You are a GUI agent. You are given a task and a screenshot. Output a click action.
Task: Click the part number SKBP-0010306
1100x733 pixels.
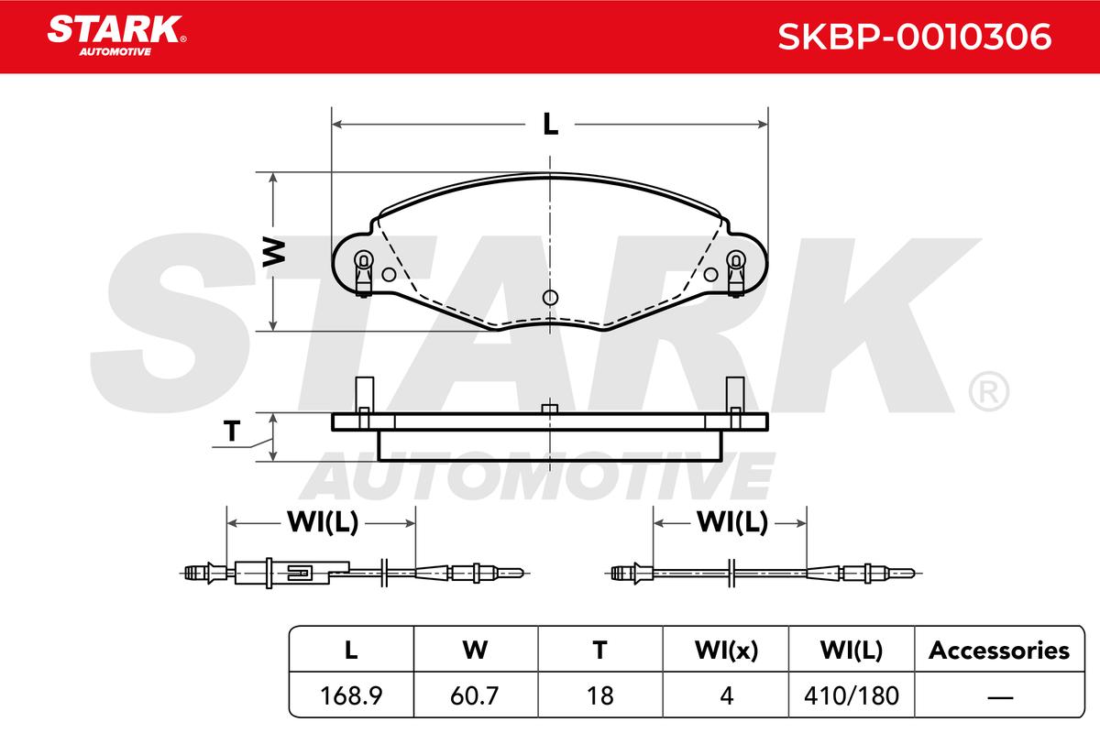coord(915,37)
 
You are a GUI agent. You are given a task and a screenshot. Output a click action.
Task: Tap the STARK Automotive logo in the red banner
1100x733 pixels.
coord(116,36)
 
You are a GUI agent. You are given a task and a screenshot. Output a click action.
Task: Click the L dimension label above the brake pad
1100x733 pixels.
coord(551,125)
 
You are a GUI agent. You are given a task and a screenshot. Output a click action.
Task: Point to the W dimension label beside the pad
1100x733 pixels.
coord(274,252)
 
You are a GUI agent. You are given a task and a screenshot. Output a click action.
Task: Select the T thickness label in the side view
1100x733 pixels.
coord(232,431)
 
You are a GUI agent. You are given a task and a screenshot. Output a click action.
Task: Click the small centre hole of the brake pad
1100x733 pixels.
coord(550,298)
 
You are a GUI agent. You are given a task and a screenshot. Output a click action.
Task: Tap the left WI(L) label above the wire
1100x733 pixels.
coord(323,522)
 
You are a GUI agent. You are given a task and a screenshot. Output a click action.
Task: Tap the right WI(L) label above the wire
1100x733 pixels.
coord(732,522)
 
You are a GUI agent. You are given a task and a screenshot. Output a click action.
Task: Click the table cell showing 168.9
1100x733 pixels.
coord(351,695)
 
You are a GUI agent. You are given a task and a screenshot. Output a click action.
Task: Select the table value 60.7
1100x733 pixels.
coord(475,695)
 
